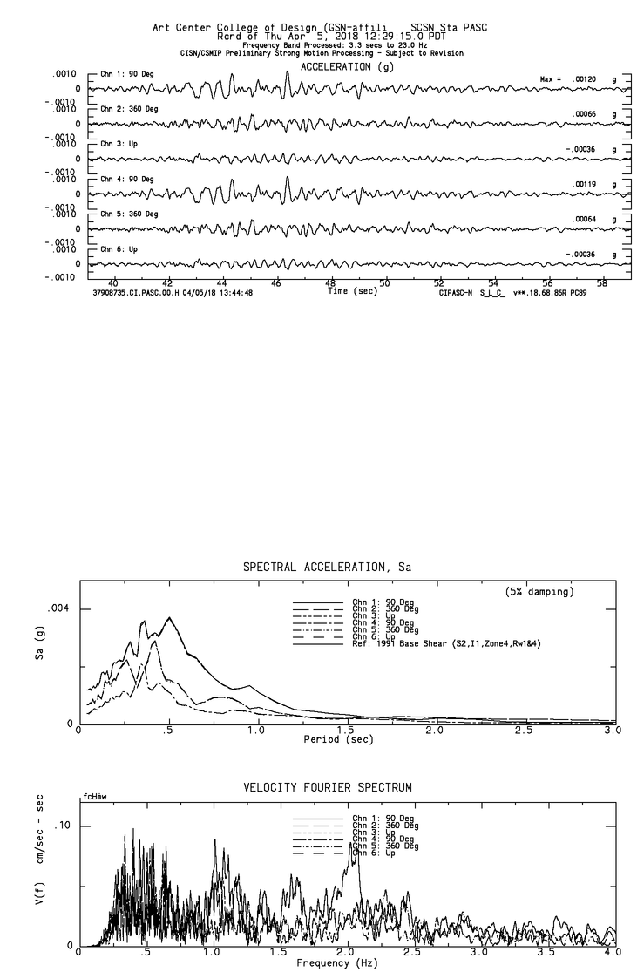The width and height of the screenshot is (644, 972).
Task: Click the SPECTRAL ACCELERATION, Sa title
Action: coord(327,568)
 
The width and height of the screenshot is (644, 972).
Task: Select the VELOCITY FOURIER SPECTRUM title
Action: coord(327,787)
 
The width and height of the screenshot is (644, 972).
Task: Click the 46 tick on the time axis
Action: coord(276,283)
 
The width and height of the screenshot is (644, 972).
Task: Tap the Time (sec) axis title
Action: coord(352,291)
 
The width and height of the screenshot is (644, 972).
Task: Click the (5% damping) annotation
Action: coord(539,592)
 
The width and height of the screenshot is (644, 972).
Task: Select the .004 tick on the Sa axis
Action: coord(57,608)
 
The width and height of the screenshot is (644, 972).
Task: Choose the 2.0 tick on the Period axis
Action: coord(434,731)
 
